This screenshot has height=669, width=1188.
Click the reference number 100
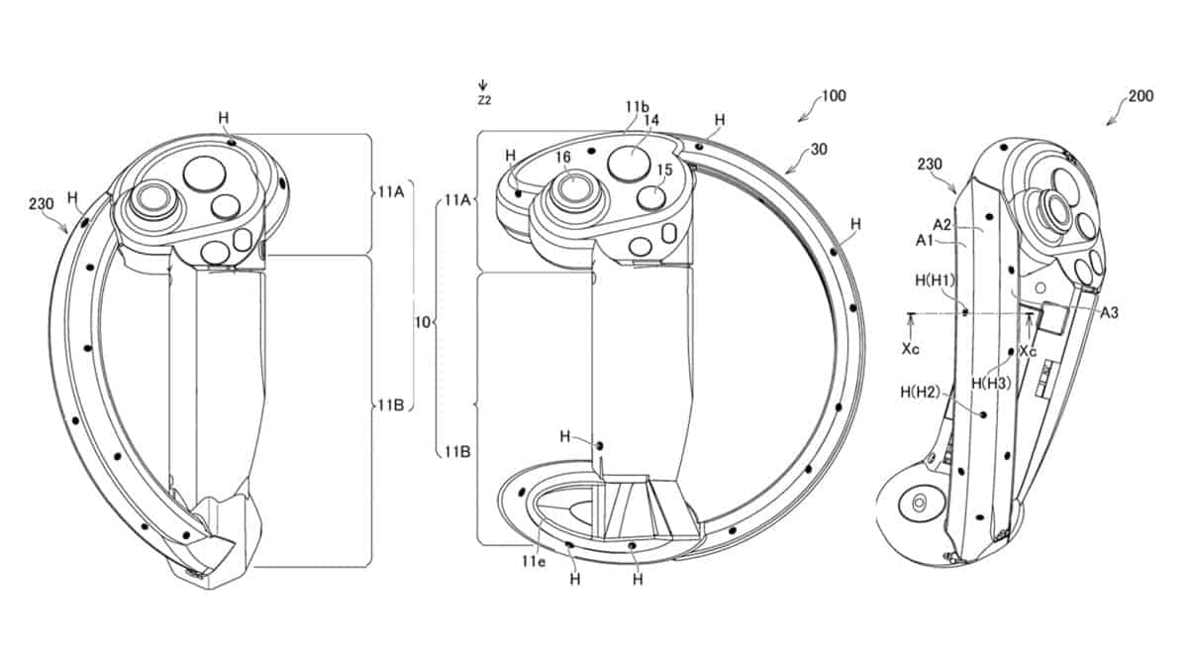(x=834, y=97)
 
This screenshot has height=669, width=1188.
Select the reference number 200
(x=1140, y=97)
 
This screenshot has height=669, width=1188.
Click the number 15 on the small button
(x=663, y=170)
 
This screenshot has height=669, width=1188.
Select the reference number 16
(x=563, y=157)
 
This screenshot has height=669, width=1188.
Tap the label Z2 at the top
(x=483, y=101)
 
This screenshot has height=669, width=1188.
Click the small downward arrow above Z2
(x=482, y=85)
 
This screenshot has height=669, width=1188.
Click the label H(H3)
(x=990, y=383)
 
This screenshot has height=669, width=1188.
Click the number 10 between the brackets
(x=422, y=322)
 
